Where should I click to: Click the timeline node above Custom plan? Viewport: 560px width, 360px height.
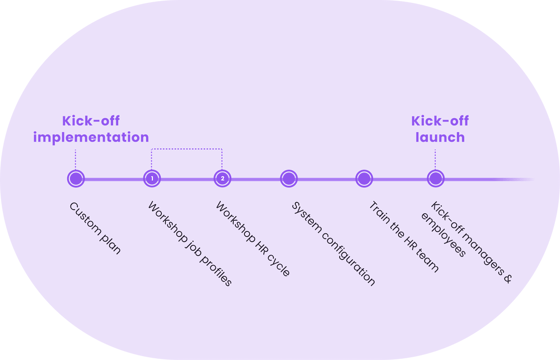[x=75, y=179]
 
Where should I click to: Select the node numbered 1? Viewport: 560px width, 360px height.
[x=151, y=179]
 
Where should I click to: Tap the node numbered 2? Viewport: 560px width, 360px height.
[x=222, y=179]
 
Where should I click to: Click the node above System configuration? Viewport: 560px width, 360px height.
[x=288, y=179]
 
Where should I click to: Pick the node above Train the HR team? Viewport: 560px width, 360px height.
[x=364, y=179]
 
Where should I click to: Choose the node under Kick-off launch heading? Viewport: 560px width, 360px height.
[x=435, y=179]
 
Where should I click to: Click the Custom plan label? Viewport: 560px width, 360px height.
[x=95, y=228]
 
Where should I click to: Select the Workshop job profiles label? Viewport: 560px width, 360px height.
[x=189, y=244]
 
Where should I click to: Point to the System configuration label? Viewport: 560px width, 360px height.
[x=333, y=244]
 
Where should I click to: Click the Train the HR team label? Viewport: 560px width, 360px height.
[x=403, y=237]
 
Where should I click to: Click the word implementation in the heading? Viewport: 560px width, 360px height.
[x=91, y=137]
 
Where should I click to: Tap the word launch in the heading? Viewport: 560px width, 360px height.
[x=440, y=137]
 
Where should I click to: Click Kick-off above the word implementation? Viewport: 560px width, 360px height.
[x=91, y=121]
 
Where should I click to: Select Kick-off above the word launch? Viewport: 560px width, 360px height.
[x=440, y=121]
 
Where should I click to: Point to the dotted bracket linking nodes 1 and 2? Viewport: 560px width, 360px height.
[x=186, y=149]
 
